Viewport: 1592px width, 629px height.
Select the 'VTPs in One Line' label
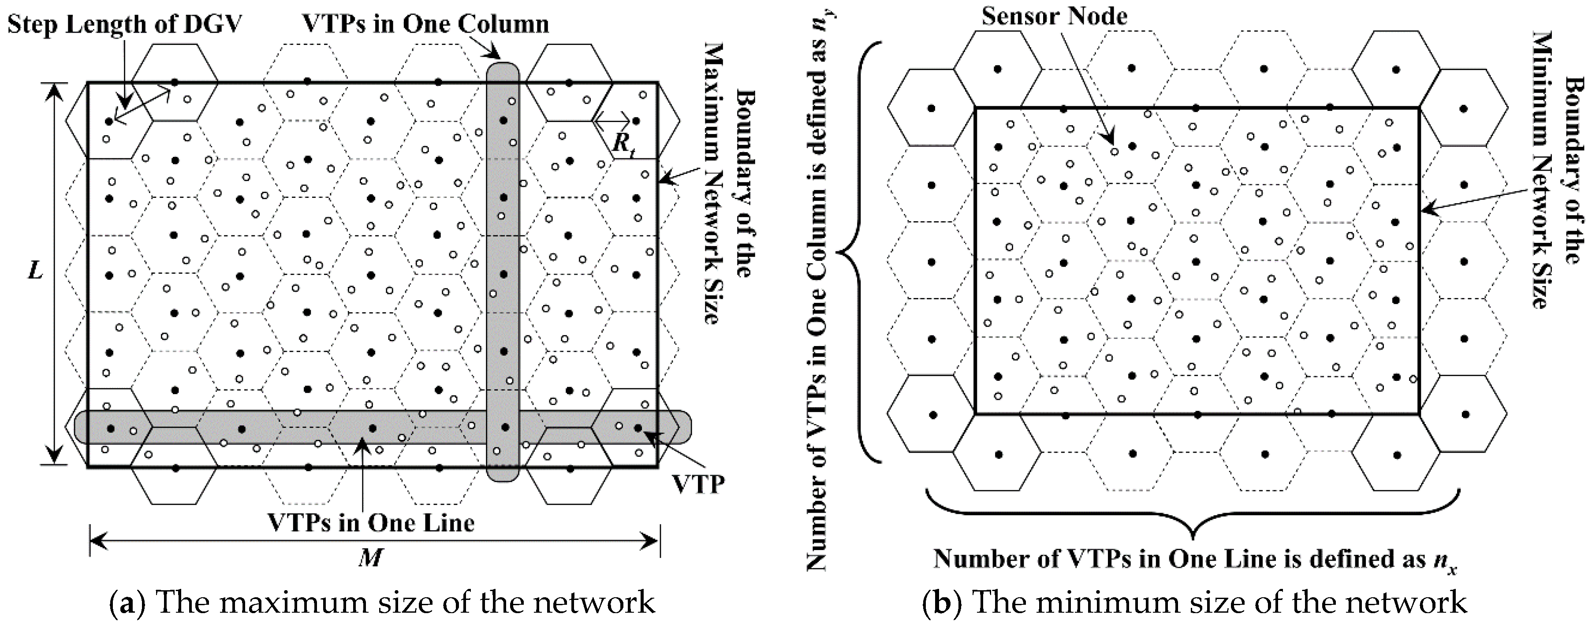(371, 523)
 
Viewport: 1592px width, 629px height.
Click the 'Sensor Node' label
(1054, 16)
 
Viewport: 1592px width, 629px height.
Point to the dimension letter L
(35, 270)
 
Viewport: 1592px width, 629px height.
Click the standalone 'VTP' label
(698, 484)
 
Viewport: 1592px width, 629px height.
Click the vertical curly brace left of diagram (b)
(859, 252)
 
